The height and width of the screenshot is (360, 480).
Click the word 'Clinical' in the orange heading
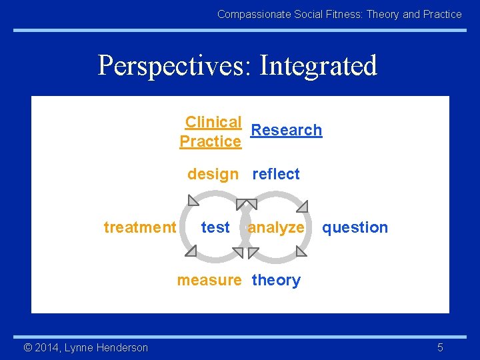point(213,122)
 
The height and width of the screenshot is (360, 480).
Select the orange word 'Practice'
point(210,141)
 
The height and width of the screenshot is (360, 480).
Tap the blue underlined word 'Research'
point(286,130)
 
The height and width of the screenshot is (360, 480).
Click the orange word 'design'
point(213,174)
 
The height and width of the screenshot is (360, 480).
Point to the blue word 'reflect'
point(276,174)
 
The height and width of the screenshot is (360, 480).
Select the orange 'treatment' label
point(140,227)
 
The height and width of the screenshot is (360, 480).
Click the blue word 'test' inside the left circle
point(215,227)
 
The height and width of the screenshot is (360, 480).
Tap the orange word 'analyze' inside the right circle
point(276,227)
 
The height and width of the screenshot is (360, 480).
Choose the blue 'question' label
point(355,227)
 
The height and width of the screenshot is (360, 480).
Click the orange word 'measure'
point(209,280)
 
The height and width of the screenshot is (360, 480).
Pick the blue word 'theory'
point(276,280)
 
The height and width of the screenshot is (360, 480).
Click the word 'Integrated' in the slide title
point(318,65)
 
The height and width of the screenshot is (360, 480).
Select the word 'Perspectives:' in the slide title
point(175,65)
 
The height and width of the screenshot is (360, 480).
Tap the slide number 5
point(440,347)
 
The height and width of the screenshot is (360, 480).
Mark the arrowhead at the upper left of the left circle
point(193,200)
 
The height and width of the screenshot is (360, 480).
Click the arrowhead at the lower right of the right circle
point(301,251)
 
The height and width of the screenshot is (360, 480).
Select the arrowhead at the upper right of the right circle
point(302,205)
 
